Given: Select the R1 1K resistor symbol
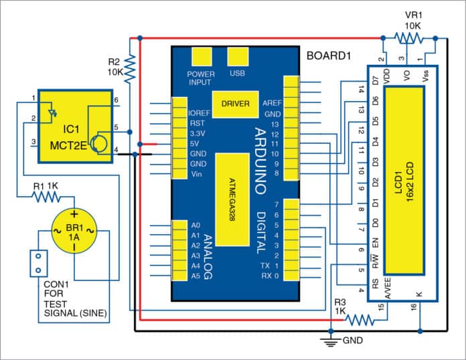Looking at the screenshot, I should coord(47,197).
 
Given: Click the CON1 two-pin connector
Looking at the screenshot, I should coord(37,263).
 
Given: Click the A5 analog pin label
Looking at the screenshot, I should coord(196,276).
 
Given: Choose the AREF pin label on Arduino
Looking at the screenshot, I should coord(271,104).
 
